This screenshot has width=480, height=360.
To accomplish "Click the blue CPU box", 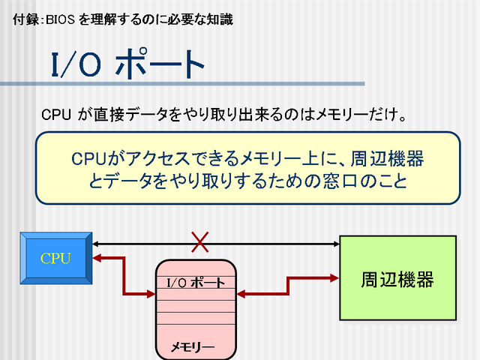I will (x=55, y=258).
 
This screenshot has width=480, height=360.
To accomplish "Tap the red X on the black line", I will (x=199, y=241).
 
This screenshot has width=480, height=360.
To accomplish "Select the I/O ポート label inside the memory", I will (x=195, y=283).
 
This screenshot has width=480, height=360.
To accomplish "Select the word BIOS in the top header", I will (x=60, y=19).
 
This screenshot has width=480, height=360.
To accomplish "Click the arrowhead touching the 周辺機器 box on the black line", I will (x=335, y=242).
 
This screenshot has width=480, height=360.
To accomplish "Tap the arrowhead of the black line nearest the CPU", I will (x=97, y=242).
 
